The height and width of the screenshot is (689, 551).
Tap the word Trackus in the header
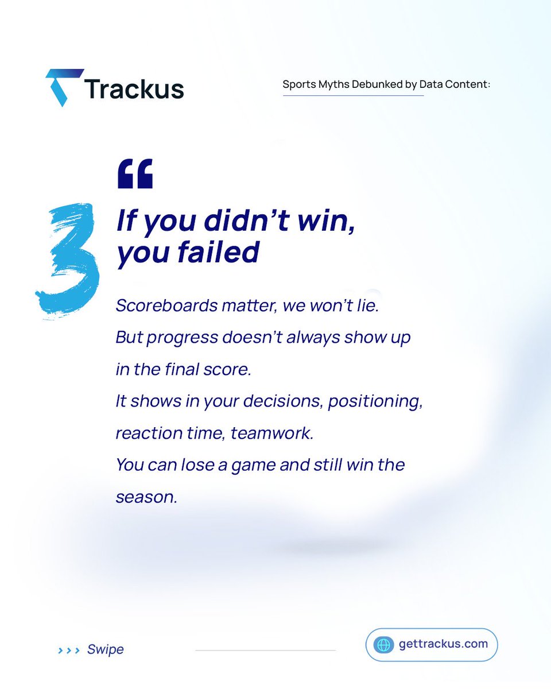pos(134,89)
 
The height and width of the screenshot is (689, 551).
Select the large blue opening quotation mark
pos(135,174)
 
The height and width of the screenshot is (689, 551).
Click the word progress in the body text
pos(181,338)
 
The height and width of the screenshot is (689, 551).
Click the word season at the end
pos(146,497)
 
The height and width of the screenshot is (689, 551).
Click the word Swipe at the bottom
pos(106,649)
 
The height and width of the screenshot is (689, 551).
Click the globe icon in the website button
pos(383,644)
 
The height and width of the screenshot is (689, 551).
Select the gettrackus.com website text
pos(443,644)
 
